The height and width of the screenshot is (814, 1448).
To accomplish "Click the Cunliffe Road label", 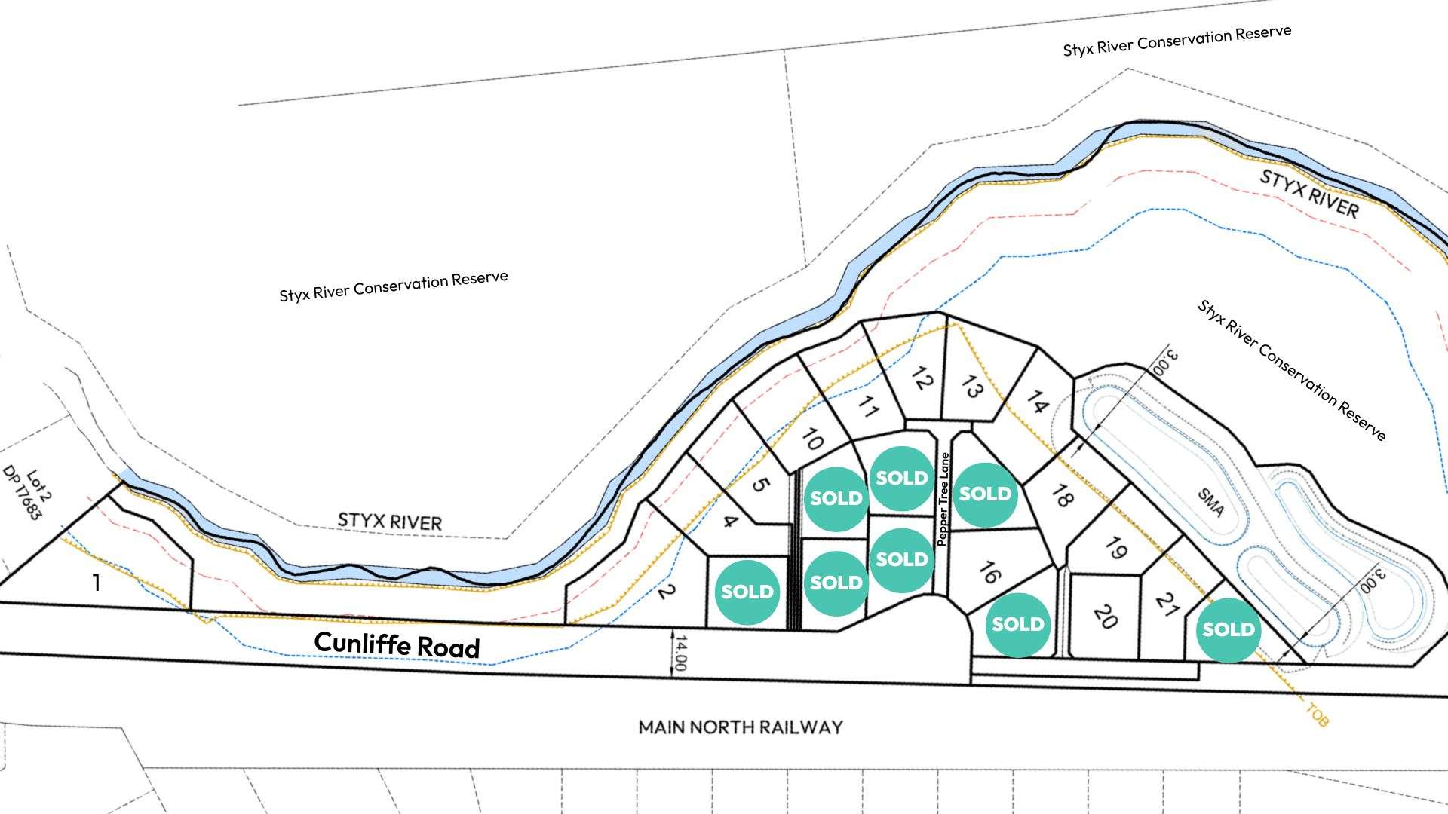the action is click(x=397, y=644).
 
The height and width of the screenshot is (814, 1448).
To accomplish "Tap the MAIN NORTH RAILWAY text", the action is click(x=741, y=727).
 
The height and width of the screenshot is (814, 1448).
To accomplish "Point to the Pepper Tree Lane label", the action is click(x=943, y=499).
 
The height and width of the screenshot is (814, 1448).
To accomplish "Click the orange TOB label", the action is click(x=1316, y=715).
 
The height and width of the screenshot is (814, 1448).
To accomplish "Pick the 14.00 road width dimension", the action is click(x=680, y=653).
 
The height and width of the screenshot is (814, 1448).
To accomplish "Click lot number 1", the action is click(x=96, y=583).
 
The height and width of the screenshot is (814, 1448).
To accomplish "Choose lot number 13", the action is click(x=971, y=386).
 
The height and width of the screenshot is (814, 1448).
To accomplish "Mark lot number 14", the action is click(x=1037, y=402).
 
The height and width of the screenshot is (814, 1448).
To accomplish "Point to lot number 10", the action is click(x=811, y=439).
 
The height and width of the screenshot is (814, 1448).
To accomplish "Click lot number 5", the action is click(x=760, y=485).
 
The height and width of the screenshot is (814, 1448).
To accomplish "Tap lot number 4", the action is click(x=729, y=521).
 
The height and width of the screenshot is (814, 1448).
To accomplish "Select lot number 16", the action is click(x=989, y=573).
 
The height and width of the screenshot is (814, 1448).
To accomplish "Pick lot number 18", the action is click(x=1061, y=496).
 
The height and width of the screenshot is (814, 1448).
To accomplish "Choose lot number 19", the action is click(x=1115, y=548).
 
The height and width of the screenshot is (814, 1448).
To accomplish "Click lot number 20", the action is click(x=1104, y=617).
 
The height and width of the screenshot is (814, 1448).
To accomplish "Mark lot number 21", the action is click(x=1167, y=604).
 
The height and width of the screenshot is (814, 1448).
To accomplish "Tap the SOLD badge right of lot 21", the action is click(x=1228, y=630).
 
